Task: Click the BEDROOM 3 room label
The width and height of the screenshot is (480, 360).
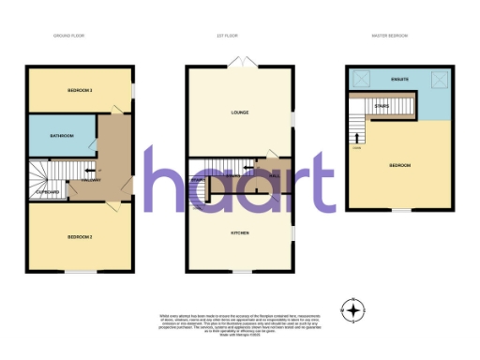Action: point(80,90)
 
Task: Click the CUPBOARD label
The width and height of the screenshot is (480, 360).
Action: point(48,192)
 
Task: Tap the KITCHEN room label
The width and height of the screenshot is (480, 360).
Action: point(240,231)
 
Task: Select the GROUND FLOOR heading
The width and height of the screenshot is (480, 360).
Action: point(68,37)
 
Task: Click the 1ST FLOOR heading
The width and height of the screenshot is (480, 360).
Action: point(227,37)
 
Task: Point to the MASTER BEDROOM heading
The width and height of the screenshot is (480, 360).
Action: point(386,37)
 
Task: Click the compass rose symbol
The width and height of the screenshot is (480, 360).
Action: point(353,309)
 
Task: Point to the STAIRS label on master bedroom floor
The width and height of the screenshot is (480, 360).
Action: point(382,107)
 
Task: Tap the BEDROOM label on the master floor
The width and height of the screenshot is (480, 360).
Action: point(400,165)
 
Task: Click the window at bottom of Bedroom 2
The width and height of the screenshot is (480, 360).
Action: point(80,273)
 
